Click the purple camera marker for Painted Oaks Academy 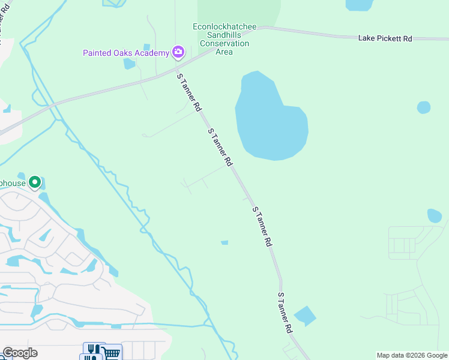[x=178, y=53]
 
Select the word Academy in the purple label [x=152, y=53]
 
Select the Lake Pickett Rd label [x=385, y=38]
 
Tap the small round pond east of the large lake [x=424, y=107]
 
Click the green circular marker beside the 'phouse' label [x=35, y=181]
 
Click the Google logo [x=20, y=353]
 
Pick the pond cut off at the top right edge [x=359, y=5]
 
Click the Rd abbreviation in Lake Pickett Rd [x=407, y=38]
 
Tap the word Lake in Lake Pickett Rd [x=367, y=38]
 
